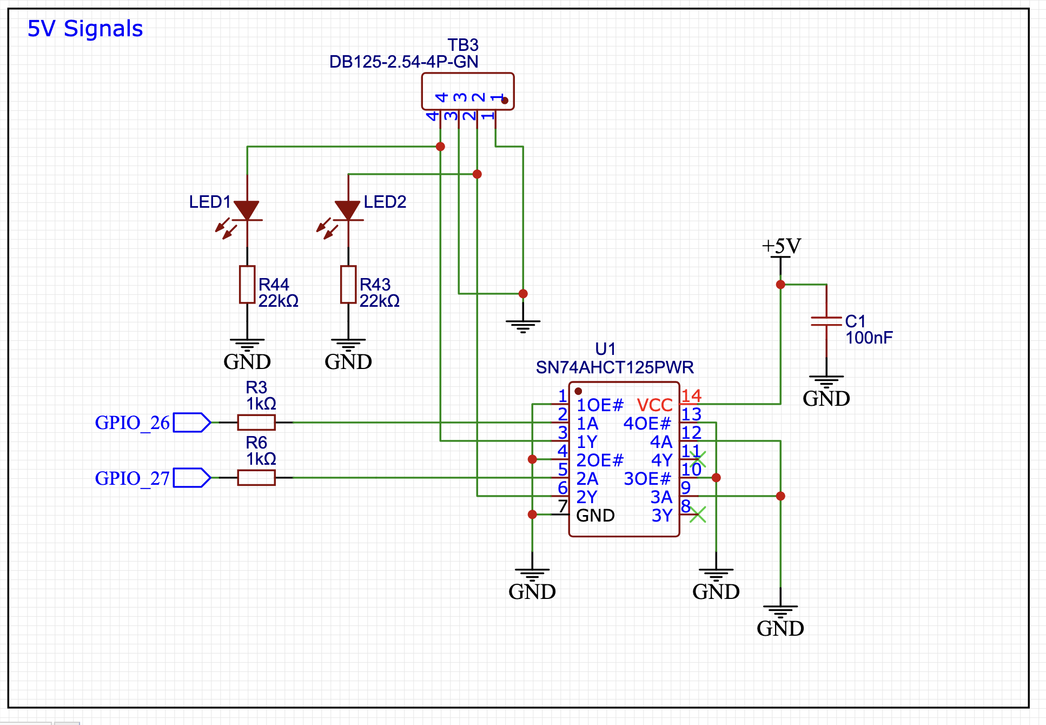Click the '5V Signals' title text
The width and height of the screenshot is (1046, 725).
85,29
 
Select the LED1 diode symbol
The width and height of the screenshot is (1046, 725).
247,211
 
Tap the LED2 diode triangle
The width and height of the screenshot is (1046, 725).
348,210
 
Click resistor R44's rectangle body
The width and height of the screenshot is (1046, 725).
247,284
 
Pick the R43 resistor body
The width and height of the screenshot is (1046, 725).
348,284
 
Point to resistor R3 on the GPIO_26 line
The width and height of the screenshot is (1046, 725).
256,422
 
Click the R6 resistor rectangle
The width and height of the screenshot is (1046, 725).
256,477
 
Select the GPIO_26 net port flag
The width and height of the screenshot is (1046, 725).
192,422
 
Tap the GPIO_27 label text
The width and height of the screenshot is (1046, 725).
133,478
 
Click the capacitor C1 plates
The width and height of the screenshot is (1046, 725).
826,321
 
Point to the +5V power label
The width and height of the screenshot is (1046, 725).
781,246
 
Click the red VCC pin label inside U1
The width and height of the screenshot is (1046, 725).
654,405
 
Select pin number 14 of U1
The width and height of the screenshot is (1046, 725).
691,396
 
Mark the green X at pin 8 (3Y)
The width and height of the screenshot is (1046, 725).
698,514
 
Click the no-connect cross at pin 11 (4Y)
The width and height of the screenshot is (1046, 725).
698,459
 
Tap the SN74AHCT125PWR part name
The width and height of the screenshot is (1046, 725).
614,367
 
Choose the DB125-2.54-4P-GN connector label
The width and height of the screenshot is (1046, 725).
403,62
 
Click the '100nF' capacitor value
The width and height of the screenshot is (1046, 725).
869,338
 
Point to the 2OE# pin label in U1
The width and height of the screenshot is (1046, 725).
600,460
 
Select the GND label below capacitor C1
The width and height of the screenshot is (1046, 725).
826,398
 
